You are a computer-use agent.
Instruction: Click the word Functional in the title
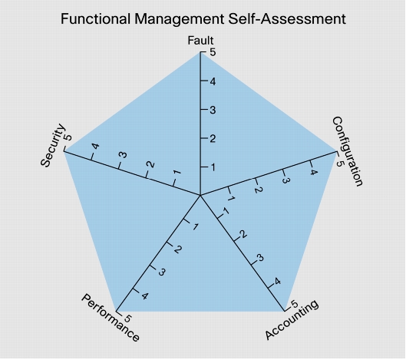[95, 19]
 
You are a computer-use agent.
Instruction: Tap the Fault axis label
[200, 41]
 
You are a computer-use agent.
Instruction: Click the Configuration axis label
[348, 151]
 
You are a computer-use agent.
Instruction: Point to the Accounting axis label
[292, 319]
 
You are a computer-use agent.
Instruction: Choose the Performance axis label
[111, 318]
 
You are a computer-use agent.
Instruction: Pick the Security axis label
[52, 145]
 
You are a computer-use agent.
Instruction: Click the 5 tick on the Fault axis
[213, 52]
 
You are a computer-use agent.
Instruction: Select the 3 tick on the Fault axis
[213, 110]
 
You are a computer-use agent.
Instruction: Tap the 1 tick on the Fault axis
[213, 167]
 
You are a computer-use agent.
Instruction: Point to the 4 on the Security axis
[95, 147]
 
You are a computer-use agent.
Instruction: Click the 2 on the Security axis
[150, 164]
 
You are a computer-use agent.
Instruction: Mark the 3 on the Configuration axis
[285, 180]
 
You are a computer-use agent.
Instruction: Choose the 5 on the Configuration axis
[340, 163]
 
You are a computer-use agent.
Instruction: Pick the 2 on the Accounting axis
[243, 234]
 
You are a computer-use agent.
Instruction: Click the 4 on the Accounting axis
[277, 282]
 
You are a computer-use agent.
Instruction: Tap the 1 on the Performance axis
[195, 226]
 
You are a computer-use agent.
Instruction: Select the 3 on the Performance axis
[161, 272]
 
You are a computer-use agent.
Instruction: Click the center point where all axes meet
[200, 195]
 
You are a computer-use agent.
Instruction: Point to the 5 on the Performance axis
[127, 319]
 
